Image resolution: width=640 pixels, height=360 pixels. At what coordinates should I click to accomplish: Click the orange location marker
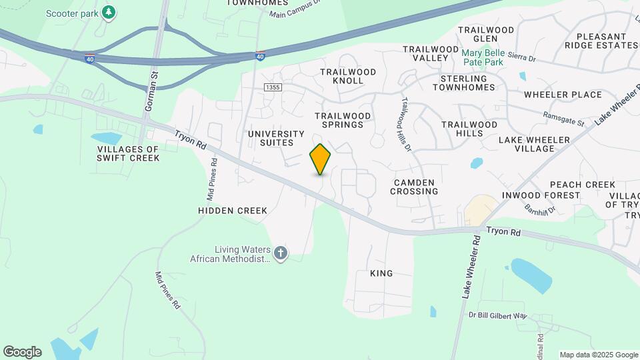[x=320, y=159]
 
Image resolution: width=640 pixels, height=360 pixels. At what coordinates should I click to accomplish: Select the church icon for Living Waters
[x=281, y=253]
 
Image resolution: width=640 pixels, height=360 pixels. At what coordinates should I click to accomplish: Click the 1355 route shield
[x=272, y=87]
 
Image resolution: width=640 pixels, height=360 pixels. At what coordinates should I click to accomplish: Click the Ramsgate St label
[x=563, y=119]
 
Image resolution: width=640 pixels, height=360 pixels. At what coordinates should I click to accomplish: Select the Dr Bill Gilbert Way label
[x=497, y=315]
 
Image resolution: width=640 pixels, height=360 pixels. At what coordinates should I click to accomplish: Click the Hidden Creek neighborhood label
[x=233, y=211]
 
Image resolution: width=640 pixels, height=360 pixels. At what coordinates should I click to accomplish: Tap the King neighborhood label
[x=381, y=273]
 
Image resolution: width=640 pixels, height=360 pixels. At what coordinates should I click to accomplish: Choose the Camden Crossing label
[x=415, y=187]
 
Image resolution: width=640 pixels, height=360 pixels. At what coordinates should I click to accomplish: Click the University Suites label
[x=276, y=139]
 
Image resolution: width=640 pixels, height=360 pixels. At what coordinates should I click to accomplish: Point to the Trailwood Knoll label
[x=342, y=76]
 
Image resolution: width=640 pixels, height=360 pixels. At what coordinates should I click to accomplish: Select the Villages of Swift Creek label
[x=129, y=153]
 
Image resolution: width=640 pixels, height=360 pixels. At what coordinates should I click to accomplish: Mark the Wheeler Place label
[x=563, y=95]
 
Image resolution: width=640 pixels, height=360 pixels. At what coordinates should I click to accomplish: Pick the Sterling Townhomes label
[x=473, y=83]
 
